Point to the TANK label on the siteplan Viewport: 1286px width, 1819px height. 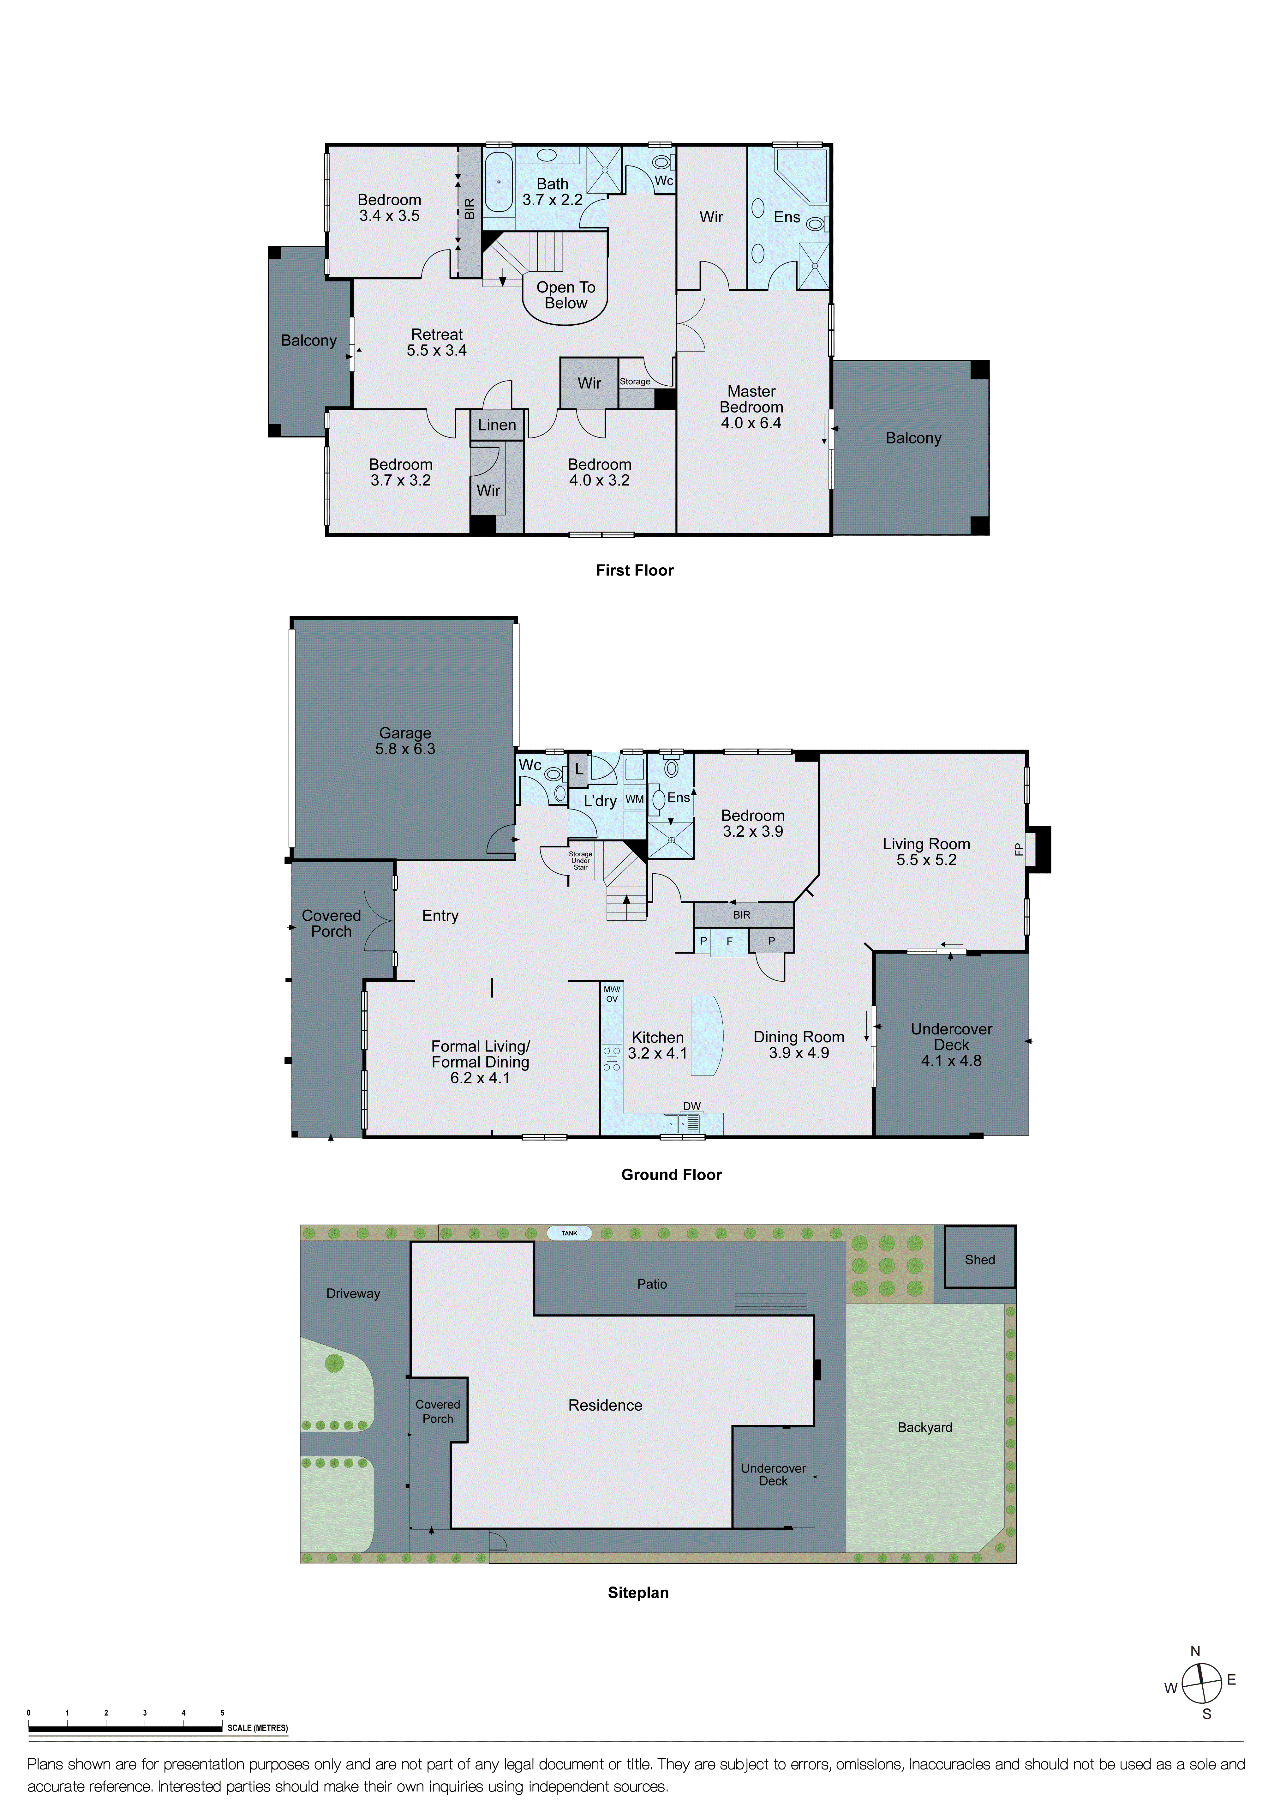[x=569, y=1233]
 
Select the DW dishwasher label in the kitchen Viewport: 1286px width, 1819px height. [x=691, y=1106]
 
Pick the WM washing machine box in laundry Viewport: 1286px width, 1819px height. [x=634, y=799]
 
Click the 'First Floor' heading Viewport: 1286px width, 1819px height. [x=634, y=570]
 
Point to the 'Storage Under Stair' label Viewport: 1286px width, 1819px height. [x=580, y=860]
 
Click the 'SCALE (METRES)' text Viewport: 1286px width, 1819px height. [x=257, y=1728]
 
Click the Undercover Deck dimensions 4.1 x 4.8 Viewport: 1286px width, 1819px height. [x=951, y=1061]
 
